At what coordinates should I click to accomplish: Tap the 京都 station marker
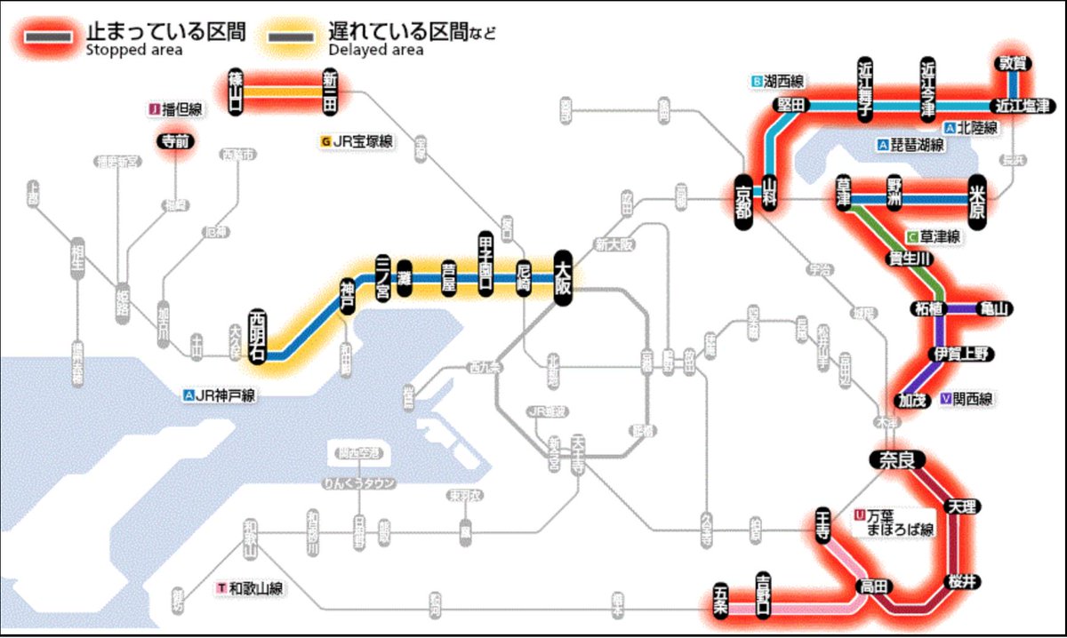pyautogui.click(x=743, y=204)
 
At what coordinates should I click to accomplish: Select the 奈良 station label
pyautogui.click(x=897, y=460)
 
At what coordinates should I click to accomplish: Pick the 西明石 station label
pyautogui.click(x=258, y=332)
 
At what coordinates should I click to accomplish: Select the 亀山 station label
pyautogui.click(x=994, y=308)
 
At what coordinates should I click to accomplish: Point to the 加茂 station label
pyautogui.click(x=913, y=400)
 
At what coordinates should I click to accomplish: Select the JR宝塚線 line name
pyautogui.click(x=362, y=141)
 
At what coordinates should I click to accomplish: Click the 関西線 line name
pyautogui.click(x=971, y=399)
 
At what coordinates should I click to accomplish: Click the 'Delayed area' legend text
pyautogui.click(x=375, y=50)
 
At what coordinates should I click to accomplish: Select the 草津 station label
pyautogui.click(x=843, y=191)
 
